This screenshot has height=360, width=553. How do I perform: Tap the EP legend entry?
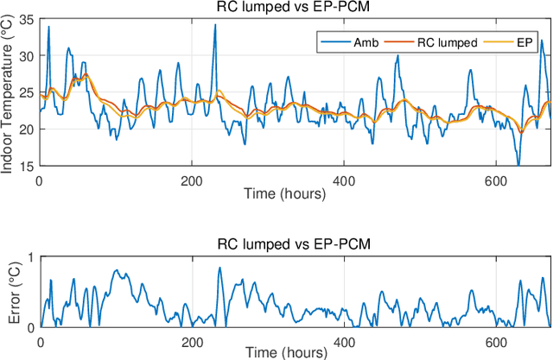(527, 42)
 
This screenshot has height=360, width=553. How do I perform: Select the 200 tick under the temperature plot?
(192, 180)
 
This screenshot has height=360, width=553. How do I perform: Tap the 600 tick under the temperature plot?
(499, 180)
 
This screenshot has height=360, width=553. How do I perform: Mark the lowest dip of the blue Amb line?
(518, 164)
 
